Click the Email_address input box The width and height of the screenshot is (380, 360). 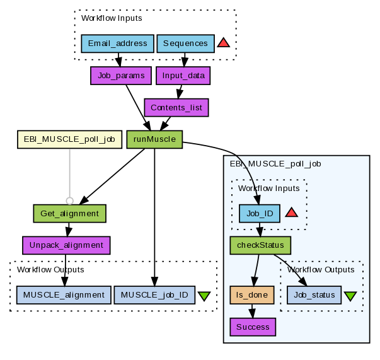pyautogui.click(x=118, y=44)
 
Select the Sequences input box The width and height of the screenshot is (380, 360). pyautogui.click(x=185, y=44)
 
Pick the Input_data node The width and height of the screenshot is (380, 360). pyautogui.click(x=183, y=76)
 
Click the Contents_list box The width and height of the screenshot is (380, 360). pyautogui.click(x=176, y=107)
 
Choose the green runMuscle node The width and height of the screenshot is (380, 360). pyautogui.click(x=154, y=139)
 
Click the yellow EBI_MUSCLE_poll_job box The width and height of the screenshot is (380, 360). pyautogui.click(x=69, y=139)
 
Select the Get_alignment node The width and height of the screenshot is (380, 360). pyautogui.click(x=69, y=213)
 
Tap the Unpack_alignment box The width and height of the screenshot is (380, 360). pyautogui.click(x=66, y=245)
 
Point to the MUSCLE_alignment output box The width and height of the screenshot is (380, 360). pyautogui.click(x=64, y=294)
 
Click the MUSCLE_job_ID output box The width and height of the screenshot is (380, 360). pyautogui.click(x=154, y=294)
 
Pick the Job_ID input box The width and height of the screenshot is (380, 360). pyautogui.click(x=260, y=213)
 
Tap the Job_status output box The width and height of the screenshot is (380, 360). pyautogui.click(x=314, y=294)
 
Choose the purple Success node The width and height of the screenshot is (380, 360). pyautogui.click(x=253, y=327)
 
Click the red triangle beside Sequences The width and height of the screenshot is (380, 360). pyautogui.click(x=223, y=44)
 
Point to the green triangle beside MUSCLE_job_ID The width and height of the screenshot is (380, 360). pyautogui.click(x=204, y=295)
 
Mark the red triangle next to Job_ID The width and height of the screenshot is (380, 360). pyautogui.click(x=291, y=212)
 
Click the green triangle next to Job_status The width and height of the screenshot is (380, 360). pyautogui.click(x=350, y=295)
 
